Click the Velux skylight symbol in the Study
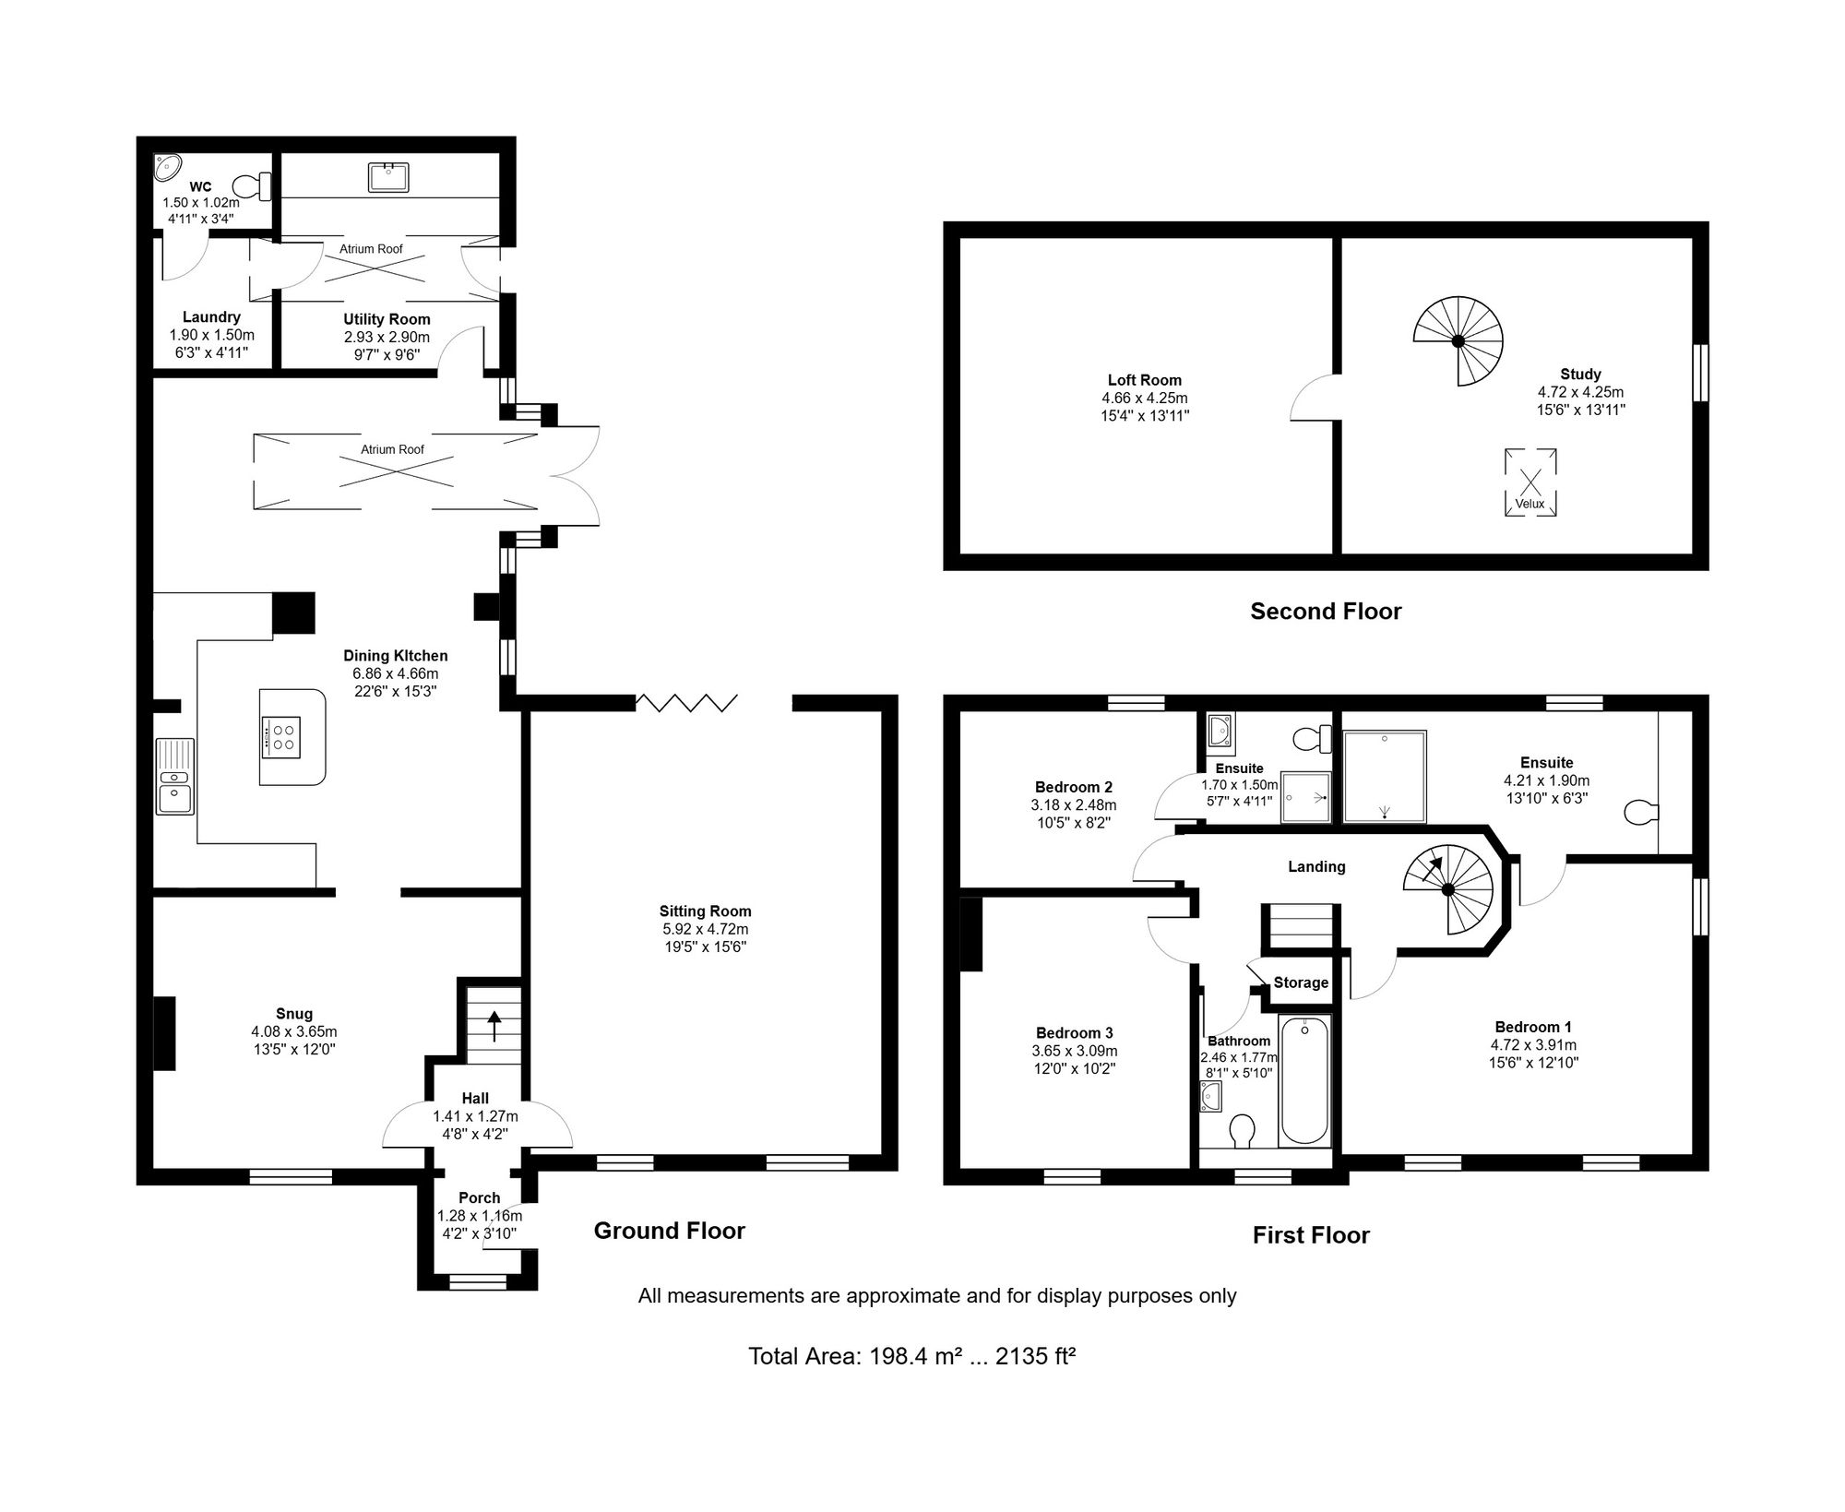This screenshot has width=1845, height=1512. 1530,482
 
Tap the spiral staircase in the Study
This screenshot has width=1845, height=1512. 1458,340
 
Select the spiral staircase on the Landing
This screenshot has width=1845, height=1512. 1448,889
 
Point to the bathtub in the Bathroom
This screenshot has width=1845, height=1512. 1305,1080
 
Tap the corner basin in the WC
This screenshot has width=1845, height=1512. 167,167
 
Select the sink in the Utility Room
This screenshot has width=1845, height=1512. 389,176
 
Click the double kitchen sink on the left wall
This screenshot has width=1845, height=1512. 174,776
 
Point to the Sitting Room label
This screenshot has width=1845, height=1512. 705,911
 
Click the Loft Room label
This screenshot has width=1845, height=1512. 1145,380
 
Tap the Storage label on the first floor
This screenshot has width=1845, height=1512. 1301,982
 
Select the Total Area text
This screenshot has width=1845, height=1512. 912,1356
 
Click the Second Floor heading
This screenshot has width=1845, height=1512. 1326,611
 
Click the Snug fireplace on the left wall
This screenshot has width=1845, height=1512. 164,1033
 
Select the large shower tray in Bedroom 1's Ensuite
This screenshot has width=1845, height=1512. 1385,777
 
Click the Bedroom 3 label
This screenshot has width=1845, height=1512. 1075,1033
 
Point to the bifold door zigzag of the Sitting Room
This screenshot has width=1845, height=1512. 687,703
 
